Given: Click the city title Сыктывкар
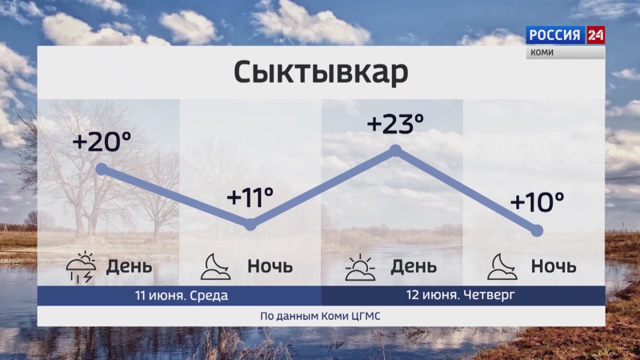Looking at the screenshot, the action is click(x=321, y=71).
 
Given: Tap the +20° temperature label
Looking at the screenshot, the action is click(x=102, y=141).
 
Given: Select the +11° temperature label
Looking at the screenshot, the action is click(x=250, y=197).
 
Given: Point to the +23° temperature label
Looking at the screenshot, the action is click(x=395, y=123).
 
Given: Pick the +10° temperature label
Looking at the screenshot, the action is click(x=537, y=201).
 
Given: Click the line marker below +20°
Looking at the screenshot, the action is click(x=101, y=169).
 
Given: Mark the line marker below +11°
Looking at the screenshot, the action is click(x=250, y=224).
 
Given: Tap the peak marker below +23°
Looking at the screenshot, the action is click(x=395, y=150).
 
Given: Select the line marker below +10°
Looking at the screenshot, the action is click(x=537, y=230).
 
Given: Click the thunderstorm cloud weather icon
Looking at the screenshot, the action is click(x=81, y=267).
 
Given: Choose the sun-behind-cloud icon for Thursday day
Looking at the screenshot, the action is click(x=360, y=267).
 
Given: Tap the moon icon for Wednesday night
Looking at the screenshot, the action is click(x=215, y=266).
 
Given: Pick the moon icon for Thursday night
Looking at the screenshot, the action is click(x=502, y=266).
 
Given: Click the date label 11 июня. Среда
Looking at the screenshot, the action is click(x=181, y=295).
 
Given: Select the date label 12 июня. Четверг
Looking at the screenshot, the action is click(x=460, y=295).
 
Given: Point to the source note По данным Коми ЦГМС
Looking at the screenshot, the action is click(x=320, y=316).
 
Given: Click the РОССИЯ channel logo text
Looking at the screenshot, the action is click(x=555, y=35).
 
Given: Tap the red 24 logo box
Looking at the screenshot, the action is click(x=595, y=35).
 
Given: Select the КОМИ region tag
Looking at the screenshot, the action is click(x=542, y=52).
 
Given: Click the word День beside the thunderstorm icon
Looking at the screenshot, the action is click(x=129, y=266).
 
